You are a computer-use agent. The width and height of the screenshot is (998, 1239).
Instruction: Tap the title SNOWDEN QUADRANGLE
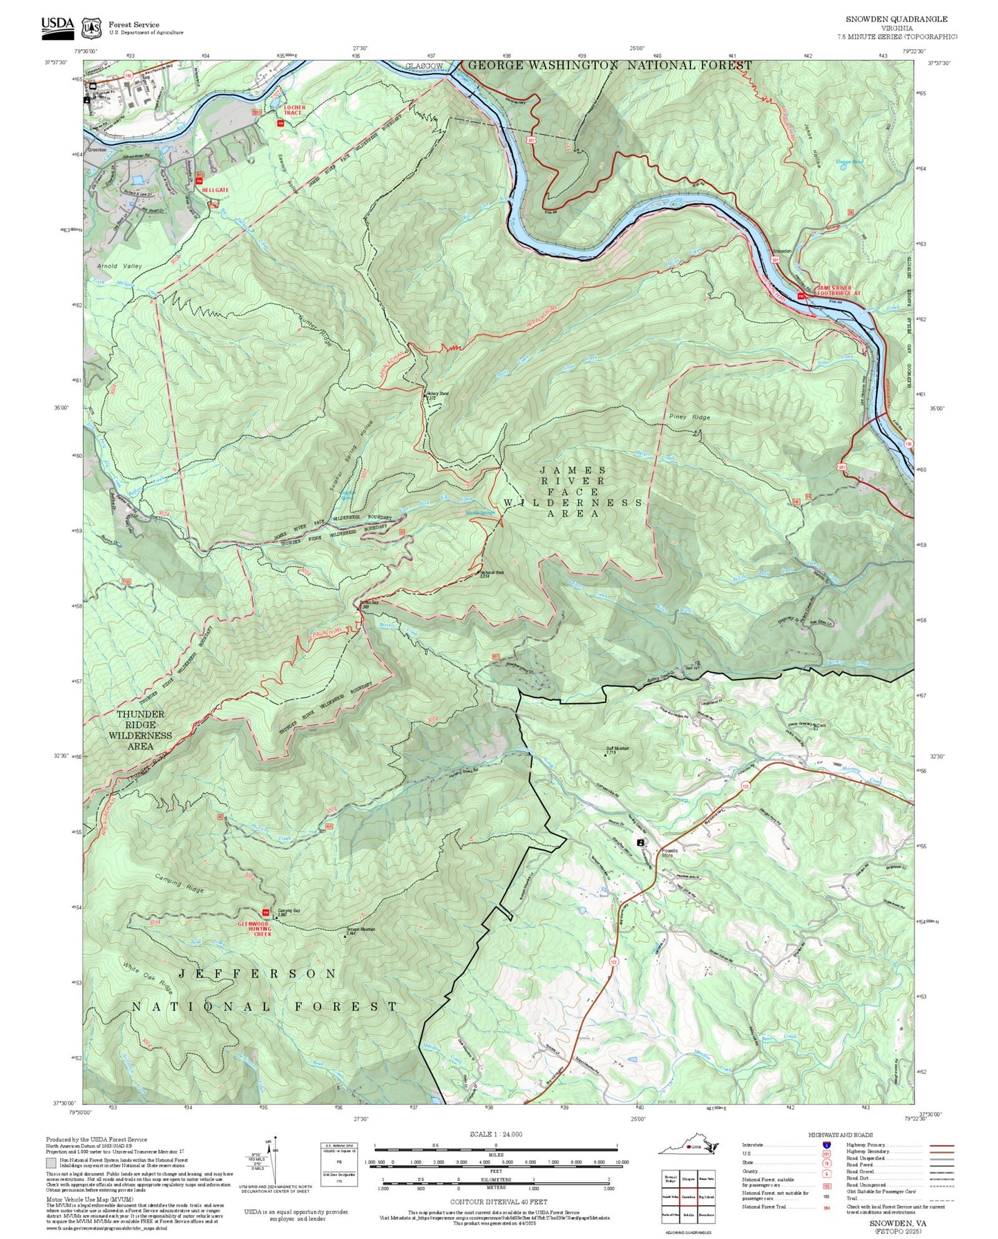click(896, 19)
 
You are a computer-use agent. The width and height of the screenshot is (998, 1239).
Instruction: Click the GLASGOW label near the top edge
click(424, 66)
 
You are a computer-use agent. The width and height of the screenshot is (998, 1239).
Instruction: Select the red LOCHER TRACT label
click(294, 111)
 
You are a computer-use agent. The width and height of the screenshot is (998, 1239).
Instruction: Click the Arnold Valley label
click(119, 266)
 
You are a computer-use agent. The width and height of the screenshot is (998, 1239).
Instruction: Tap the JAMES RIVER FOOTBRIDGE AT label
click(838, 291)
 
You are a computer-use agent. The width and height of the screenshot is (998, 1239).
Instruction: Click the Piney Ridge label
click(689, 417)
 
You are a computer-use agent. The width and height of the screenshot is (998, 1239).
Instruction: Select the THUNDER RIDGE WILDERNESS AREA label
click(140, 730)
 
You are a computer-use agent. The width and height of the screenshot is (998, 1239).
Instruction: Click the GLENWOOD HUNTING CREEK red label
click(253, 929)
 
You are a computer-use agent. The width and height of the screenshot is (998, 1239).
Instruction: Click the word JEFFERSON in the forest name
click(258, 973)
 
